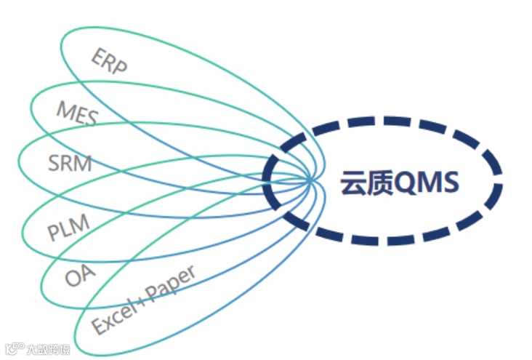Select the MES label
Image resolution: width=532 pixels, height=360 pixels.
pos(77,113)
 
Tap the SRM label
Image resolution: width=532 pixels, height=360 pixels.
pos(70,163)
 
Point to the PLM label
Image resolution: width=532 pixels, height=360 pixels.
pos(68,229)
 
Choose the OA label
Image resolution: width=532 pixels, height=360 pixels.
pos(80,276)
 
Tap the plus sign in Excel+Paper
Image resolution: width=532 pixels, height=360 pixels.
pos(142,299)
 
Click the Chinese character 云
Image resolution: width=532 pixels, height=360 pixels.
pos(353,183)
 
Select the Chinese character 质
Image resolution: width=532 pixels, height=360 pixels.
pos(380,183)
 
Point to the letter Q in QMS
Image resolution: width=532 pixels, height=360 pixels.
pos(405,183)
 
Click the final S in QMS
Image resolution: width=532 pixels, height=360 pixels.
pos(450,183)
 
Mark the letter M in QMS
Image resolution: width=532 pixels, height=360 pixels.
pos(429,183)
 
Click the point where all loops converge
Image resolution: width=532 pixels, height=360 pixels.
pos(311,178)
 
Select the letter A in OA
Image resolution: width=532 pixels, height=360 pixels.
pos(88,272)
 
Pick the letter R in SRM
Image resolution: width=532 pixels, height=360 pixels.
pos(69,163)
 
